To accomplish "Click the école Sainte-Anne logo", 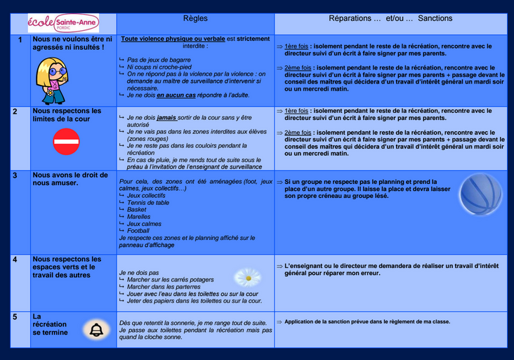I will [63, 22].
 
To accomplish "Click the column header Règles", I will [195, 18].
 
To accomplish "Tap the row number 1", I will [20, 40].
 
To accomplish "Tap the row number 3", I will [15, 175].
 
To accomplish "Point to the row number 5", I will [15, 317].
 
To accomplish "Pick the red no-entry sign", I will [67, 142].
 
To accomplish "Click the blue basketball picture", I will [481, 194].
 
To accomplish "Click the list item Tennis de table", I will [148, 203].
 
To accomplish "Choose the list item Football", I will [138, 231].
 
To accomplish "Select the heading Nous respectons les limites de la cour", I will [67, 115].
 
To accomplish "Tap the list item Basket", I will [137, 210].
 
